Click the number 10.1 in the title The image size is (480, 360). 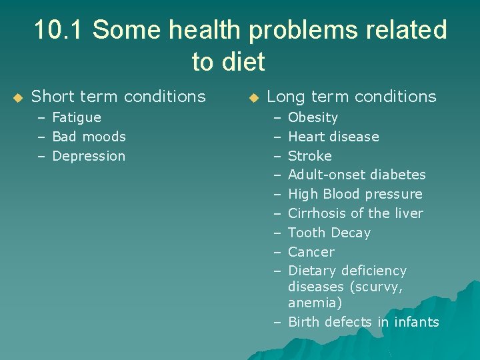tap(58, 30)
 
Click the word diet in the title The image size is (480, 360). tap(244, 62)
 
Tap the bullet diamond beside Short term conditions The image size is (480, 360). tap(18, 98)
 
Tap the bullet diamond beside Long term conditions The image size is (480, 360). tap(253, 98)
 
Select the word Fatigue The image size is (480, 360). tap(77, 117)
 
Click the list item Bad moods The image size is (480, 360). tap(89, 137)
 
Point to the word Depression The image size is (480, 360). tap(89, 156)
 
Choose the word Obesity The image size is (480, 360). tap(313, 117)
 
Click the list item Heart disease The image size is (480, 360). tap(333, 137)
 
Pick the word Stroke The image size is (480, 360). tap(309, 156)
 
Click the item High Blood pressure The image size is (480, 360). tap(355, 194)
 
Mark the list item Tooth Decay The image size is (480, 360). tap(329, 233)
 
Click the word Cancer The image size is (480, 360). tap(311, 252)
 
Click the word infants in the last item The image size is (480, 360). tap(416, 322)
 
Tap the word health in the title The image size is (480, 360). tap(200, 30)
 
